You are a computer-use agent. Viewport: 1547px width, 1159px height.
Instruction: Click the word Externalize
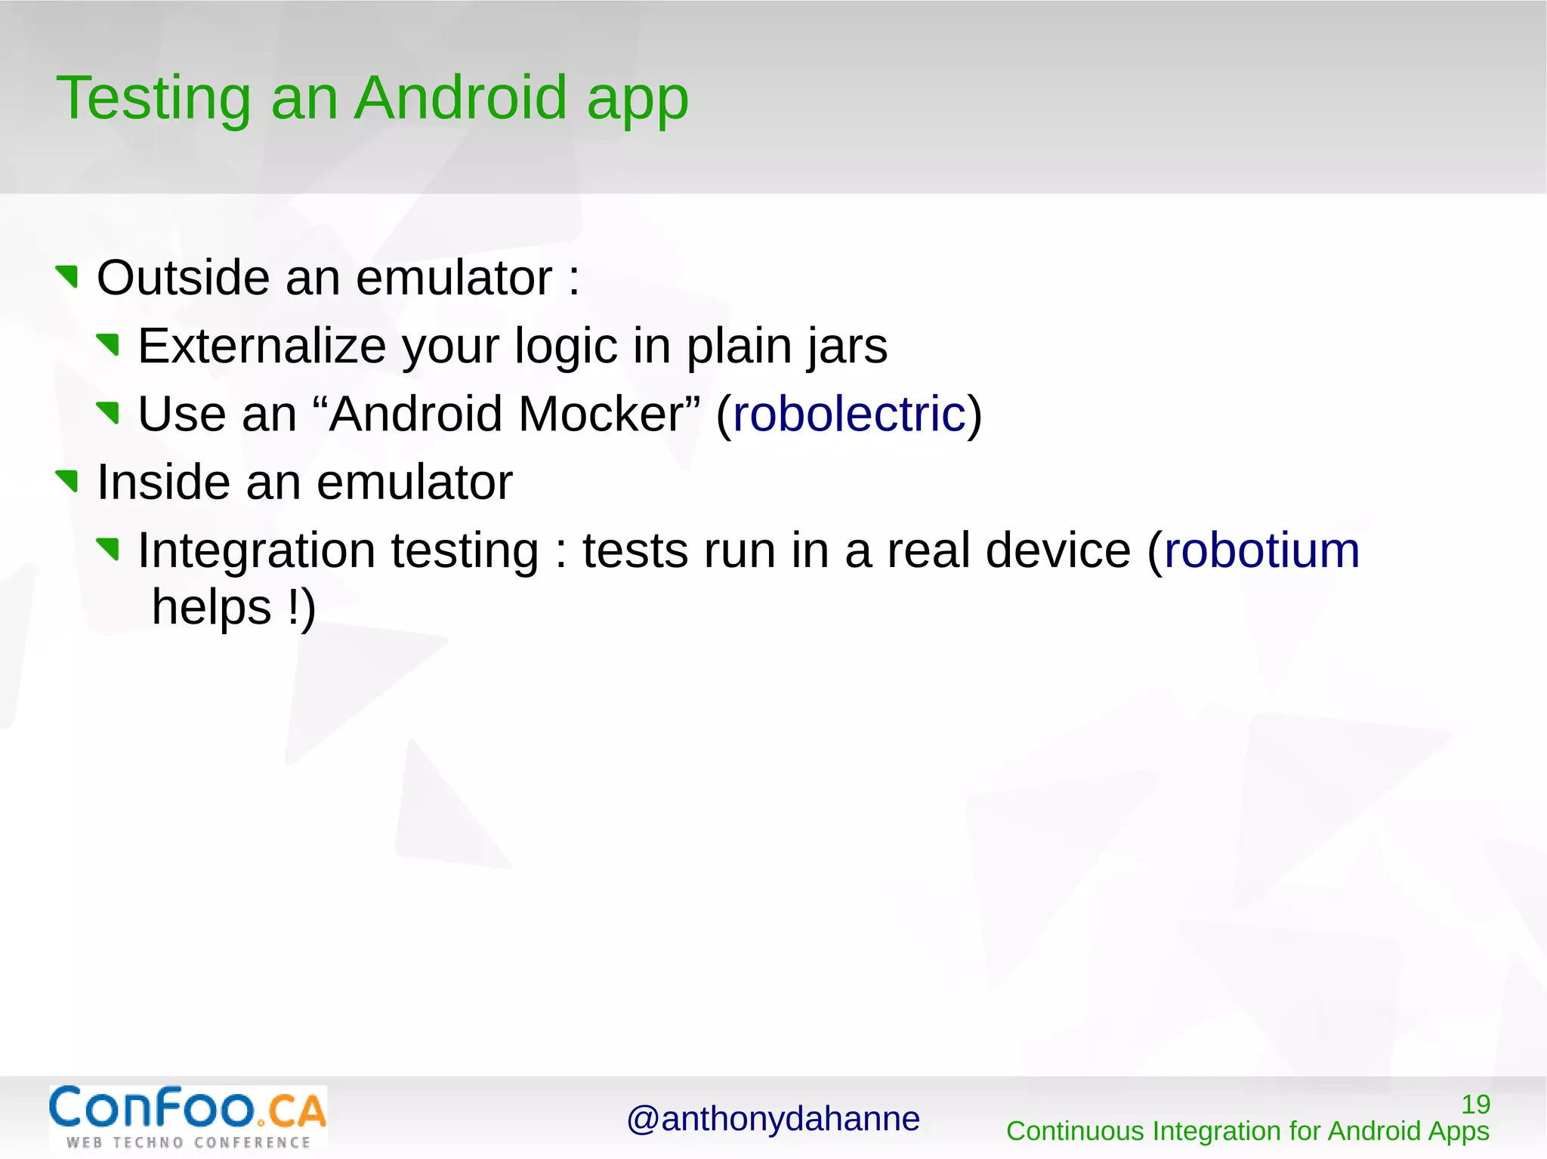[261, 346]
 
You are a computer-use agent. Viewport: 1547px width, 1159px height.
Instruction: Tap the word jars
[847, 347]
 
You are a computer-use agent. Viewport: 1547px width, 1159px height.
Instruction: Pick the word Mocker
[601, 414]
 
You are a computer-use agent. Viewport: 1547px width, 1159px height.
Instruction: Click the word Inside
[162, 482]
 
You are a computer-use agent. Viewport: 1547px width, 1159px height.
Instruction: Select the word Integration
[256, 551]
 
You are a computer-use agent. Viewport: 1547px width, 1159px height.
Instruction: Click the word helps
[212, 607]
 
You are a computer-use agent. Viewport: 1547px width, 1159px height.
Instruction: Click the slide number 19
[1475, 1104]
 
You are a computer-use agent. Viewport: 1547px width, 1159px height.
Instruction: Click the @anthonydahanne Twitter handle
[773, 1118]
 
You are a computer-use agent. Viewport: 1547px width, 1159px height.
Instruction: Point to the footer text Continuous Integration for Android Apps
[1247, 1131]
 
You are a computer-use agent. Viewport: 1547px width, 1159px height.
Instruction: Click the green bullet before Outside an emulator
[68, 276]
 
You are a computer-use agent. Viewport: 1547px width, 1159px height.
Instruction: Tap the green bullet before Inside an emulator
[68, 480]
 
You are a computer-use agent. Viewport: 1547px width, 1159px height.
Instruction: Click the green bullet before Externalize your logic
[109, 344]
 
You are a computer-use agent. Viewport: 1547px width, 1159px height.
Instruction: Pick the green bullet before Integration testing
[109, 548]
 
